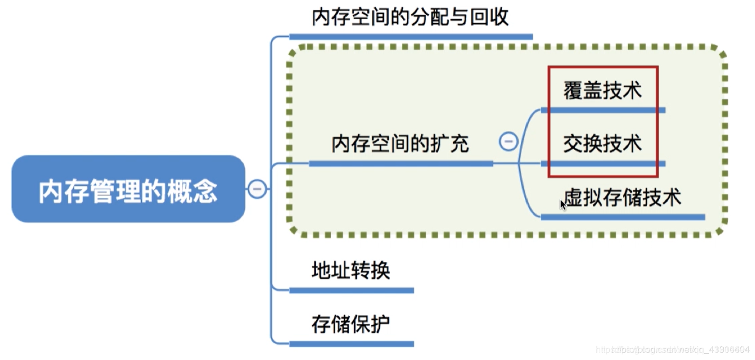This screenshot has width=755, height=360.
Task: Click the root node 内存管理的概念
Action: click(128, 189)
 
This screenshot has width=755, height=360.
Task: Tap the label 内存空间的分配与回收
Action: click(410, 17)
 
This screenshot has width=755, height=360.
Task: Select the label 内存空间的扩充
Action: click(400, 144)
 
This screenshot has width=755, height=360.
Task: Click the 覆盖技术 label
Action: click(602, 91)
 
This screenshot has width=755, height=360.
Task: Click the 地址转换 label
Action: click(350, 271)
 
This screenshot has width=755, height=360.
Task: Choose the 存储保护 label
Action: click(350, 324)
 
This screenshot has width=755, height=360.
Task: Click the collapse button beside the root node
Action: click(257, 189)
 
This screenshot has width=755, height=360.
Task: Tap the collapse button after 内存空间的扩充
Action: click(508, 141)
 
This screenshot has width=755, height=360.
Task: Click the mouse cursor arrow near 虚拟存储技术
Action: click(563, 205)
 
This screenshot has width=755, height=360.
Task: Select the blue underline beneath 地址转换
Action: click(351, 290)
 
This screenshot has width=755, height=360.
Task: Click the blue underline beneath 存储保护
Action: click(351, 344)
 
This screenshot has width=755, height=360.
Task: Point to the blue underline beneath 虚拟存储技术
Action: click(622, 217)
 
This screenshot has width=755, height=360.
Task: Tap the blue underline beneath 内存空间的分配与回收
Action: click(410, 37)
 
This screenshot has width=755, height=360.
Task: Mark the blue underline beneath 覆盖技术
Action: click(603, 110)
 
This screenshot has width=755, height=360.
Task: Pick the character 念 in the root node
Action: click(205, 192)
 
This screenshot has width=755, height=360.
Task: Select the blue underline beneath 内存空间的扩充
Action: click(400, 164)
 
